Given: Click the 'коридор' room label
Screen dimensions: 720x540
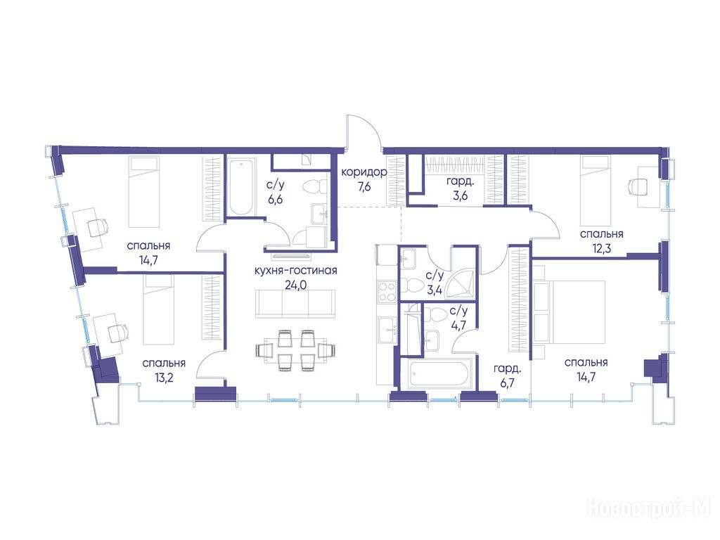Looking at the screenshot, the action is tap(364, 172).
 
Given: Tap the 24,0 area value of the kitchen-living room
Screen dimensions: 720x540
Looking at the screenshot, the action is tap(295, 285).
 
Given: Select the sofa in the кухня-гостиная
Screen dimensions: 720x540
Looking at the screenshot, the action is tap(295, 304).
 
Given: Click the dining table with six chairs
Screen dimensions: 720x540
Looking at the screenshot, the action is tap(295, 350).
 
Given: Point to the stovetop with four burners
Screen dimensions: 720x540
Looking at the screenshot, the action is tap(387, 292).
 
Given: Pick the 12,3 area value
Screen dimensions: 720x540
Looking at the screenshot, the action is tap(602, 249).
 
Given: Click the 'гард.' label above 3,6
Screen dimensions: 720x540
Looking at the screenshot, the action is tap(460, 181).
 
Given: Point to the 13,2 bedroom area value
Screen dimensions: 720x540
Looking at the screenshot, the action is tap(164, 378).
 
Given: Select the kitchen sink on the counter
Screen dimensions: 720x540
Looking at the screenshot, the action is tap(387, 329).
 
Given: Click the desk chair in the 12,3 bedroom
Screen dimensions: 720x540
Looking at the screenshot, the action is tap(637, 186).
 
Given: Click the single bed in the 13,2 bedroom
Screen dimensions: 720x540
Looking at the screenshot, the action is tap(159, 309).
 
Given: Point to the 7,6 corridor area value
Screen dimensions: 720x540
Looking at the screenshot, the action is tap(364, 187).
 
